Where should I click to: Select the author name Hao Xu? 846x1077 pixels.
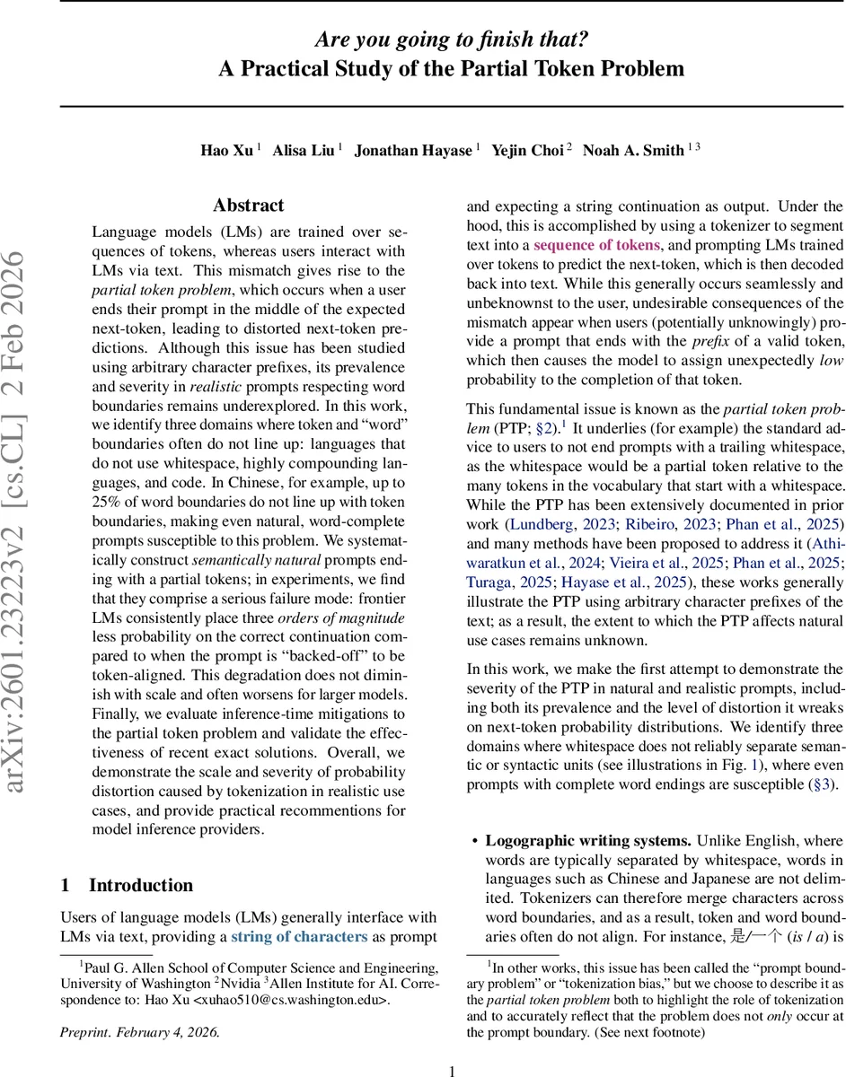tap(226, 150)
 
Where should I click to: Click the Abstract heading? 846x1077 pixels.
tap(248, 206)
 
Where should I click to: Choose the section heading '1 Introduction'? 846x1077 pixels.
tap(127, 885)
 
